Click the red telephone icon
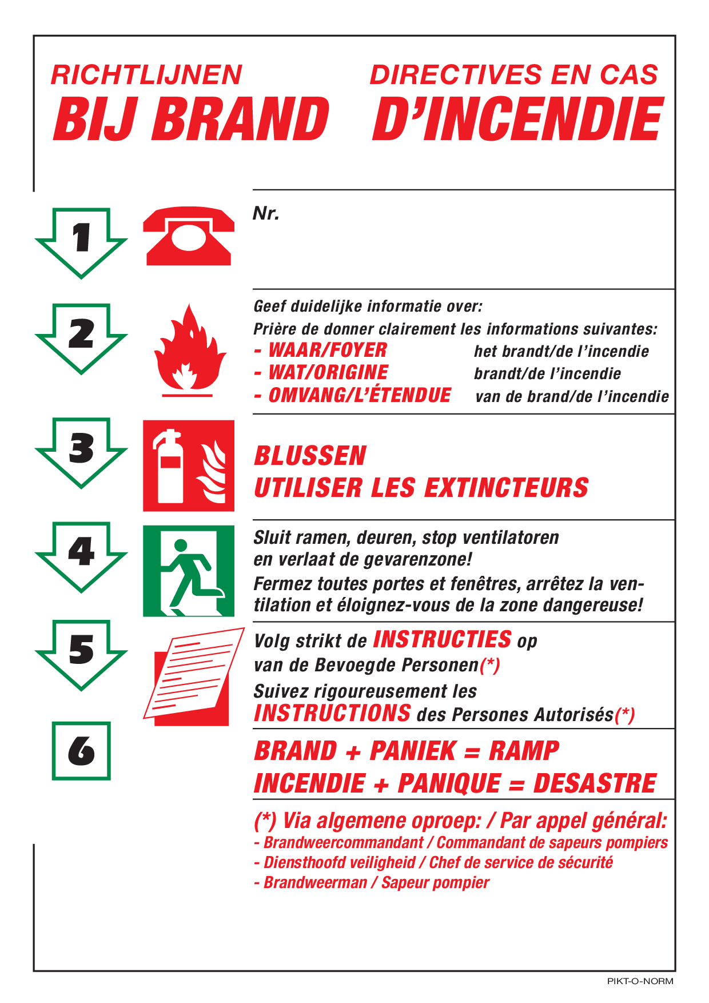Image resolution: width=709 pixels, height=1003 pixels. (x=188, y=236)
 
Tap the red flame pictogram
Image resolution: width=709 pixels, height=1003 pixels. (x=189, y=350)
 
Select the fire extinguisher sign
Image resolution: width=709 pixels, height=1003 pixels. (x=188, y=465)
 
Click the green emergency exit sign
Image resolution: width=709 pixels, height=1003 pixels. (x=188, y=570)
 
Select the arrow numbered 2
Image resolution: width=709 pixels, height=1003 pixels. (x=81, y=337)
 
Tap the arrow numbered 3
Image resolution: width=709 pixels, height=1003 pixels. (x=81, y=451)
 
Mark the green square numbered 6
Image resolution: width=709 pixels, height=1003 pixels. (x=81, y=750)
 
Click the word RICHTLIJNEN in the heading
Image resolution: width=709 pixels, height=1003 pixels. (x=147, y=75)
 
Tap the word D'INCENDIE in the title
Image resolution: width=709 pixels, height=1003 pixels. (x=517, y=119)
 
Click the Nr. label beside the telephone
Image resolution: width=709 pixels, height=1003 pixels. (x=266, y=213)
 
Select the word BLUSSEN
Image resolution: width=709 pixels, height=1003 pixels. (x=310, y=456)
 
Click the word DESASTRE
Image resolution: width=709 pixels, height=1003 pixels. (x=594, y=783)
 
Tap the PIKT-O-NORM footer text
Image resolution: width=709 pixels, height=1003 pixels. (x=640, y=981)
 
